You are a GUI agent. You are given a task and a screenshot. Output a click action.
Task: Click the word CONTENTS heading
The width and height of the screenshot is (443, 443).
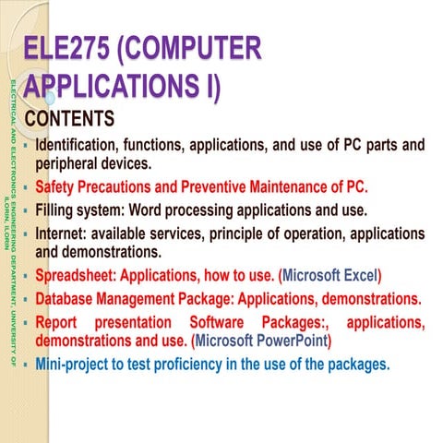[70, 120]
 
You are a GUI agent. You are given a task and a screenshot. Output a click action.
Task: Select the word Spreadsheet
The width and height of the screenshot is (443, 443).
[77, 275]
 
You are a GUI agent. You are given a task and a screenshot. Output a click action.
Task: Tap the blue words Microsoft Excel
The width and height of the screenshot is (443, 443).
[331, 275]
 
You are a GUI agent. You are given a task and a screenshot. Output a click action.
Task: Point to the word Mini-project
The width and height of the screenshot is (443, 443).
[75, 365]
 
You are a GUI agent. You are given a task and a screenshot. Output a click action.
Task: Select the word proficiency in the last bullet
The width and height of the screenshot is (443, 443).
[198, 365]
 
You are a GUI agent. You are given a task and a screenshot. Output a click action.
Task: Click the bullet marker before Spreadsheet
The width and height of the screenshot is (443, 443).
[27, 275]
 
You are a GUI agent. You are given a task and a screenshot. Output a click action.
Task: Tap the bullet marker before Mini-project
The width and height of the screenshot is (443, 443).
[27, 365]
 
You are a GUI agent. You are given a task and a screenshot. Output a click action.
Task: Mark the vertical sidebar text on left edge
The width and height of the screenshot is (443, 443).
[9, 221]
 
